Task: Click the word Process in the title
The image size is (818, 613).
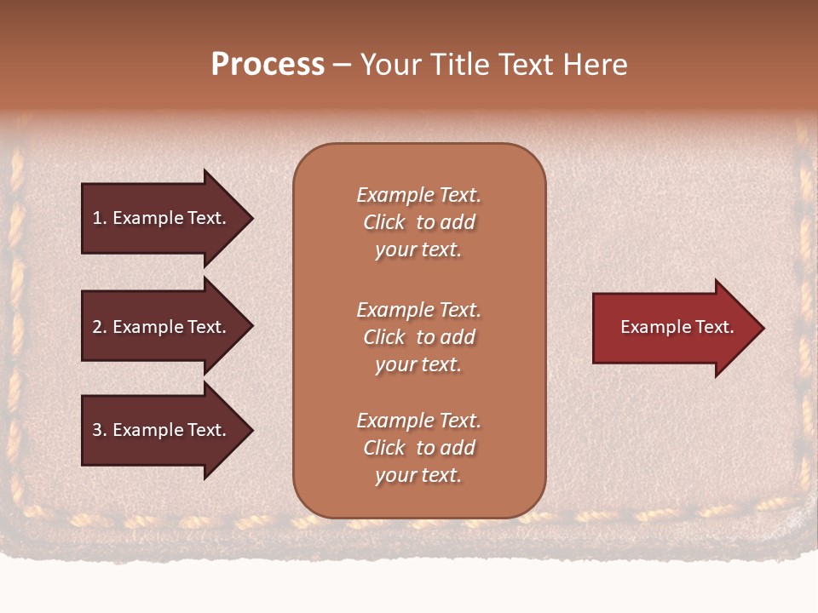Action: point(268,65)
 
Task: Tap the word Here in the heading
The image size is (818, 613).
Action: point(593,65)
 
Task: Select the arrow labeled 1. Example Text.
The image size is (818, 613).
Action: point(162,218)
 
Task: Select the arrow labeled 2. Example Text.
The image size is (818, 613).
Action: point(162,327)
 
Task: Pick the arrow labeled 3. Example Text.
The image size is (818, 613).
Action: point(162,430)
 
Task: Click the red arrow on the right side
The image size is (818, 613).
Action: point(673,328)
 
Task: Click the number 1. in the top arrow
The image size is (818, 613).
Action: point(100,218)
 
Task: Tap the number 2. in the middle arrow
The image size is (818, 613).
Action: point(100,327)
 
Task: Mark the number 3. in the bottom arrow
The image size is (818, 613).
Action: point(100,430)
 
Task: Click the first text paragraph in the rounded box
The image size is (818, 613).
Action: point(418,222)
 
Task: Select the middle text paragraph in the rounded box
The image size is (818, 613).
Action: point(418,337)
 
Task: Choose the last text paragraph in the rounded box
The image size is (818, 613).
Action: point(418,448)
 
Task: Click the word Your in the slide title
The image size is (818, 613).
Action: point(391,65)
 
